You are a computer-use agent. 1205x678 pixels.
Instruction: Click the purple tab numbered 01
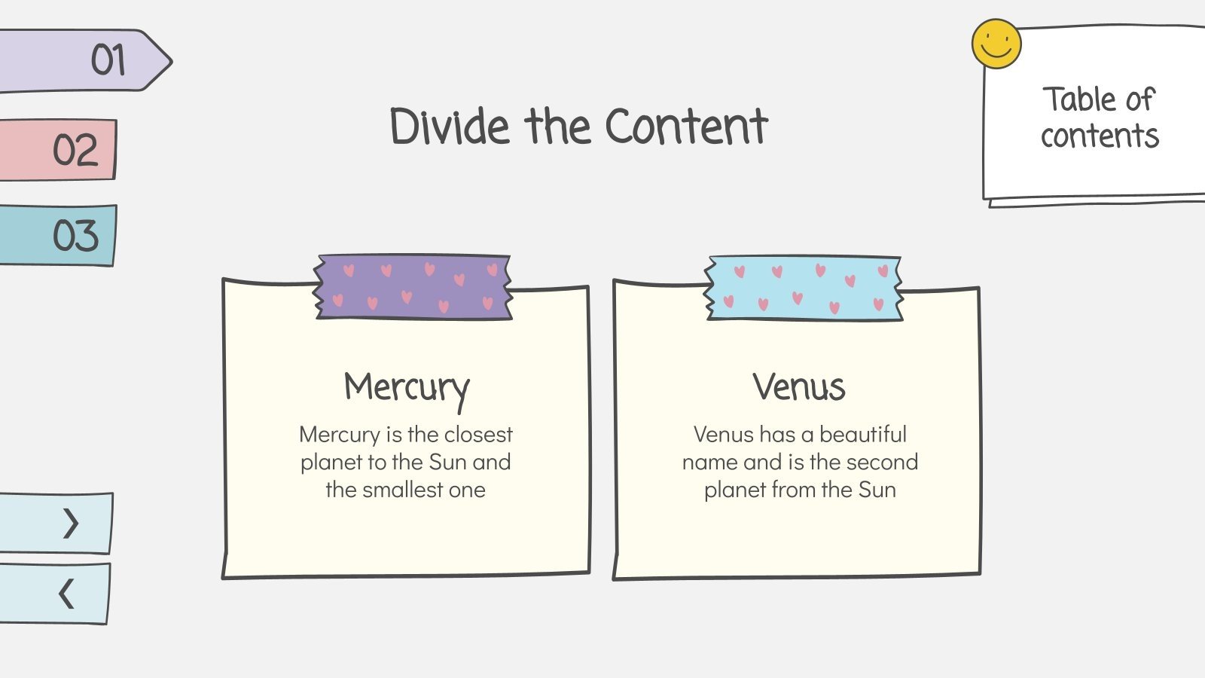click(x=85, y=61)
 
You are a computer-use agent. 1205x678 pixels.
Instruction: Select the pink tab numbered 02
click(x=58, y=150)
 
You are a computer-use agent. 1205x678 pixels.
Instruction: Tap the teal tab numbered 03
click(x=58, y=235)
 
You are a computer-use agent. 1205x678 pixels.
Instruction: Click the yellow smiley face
click(x=996, y=44)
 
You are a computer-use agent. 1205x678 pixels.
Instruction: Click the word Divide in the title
click(x=450, y=127)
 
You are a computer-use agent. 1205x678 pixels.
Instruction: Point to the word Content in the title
click(x=687, y=127)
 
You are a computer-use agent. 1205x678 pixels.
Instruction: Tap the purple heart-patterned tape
click(x=413, y=287)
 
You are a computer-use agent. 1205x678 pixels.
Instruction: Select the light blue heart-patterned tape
click(x=804, y=289)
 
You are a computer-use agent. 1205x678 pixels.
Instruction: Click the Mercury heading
click(x=407, y=389)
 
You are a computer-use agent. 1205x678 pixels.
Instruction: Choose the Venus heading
click(x=799, y=386)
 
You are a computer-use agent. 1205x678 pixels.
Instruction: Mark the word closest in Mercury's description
click(x=478, y=434)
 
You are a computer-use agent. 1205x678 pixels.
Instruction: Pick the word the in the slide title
click(x=558, y=127)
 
